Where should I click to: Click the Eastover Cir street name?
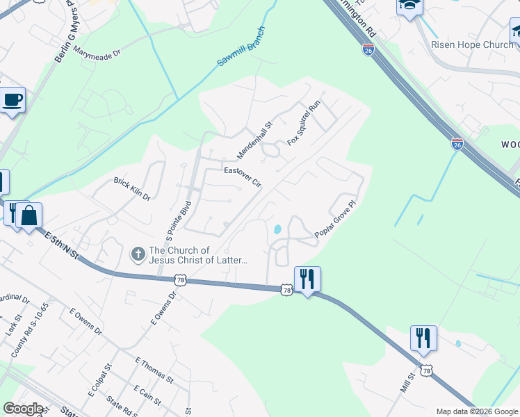[242, 177]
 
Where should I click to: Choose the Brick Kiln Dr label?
[132, 188]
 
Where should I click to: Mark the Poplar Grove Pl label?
[335, 222]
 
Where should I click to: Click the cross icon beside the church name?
[138, 254]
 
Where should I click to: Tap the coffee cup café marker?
[13, 100]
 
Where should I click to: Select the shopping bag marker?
[30, 215]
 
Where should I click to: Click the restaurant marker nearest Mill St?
[423, 338]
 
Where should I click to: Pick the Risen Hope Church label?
[471, 44]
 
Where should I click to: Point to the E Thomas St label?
[154, 369]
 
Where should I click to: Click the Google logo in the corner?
[22, 409]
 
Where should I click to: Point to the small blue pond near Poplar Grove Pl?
[277, 229]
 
